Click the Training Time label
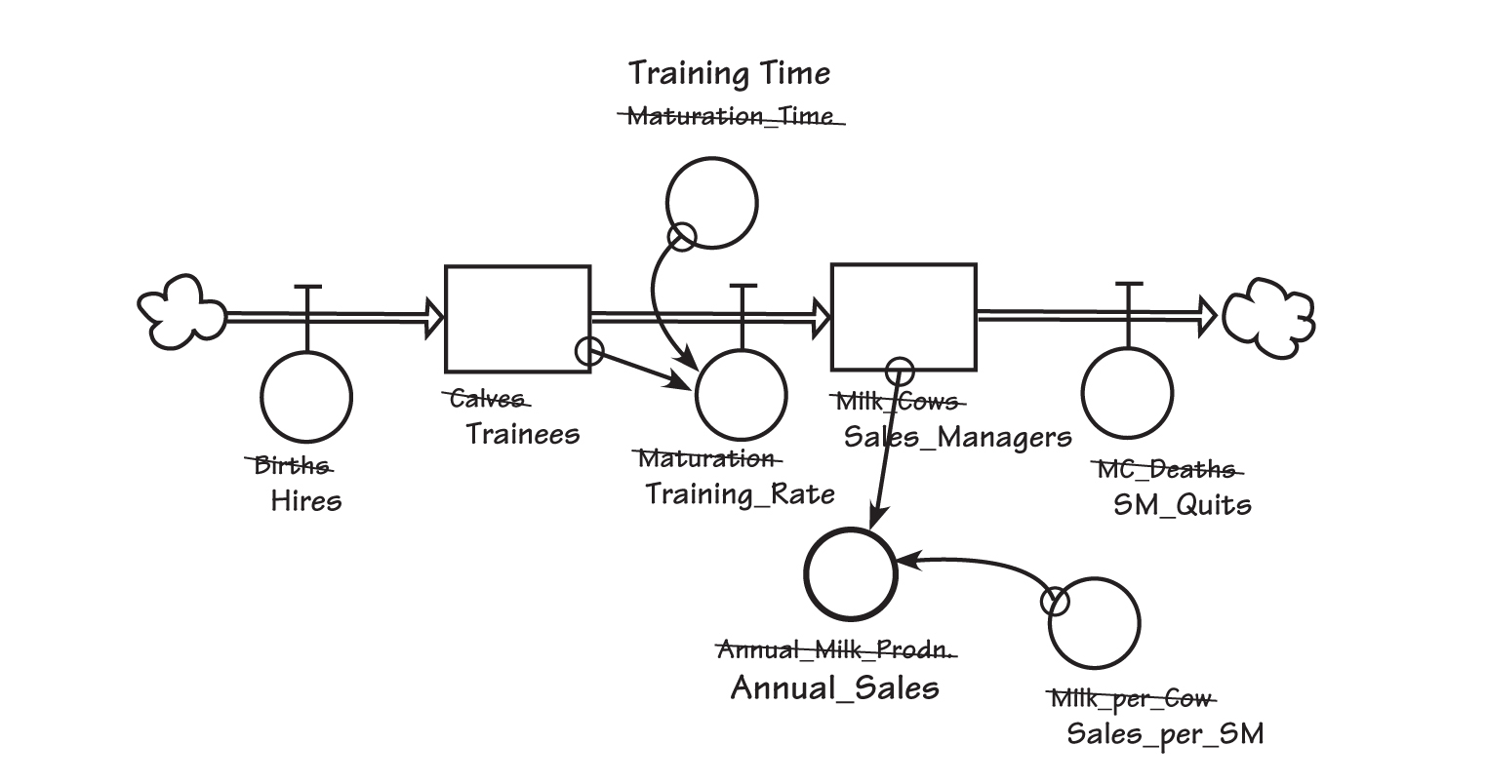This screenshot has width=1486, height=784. tap(729, 73)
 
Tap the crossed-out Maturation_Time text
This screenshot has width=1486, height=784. tap(730, 117)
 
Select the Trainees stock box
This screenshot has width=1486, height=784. tap(517, 318)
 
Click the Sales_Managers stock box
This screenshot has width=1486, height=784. tap(903, 317)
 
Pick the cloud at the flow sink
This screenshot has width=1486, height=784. tap(1268, 315)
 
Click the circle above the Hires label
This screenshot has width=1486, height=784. tap(306, 397)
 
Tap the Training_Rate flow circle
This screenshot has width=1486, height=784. tap(741, 396)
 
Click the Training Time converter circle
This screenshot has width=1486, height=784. tap(711, 203)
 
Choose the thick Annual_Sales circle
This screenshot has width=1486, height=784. tap(850, 574)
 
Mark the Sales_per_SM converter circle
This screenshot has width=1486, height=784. tap(1094, 623)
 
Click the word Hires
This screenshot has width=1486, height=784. tap(306, 501)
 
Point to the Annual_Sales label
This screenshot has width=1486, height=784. tap(834, 687)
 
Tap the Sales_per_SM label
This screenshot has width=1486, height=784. tap(1164, 733)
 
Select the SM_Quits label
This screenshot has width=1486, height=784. tap(1182, 505)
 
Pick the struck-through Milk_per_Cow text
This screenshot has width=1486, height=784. tap(1131, 698)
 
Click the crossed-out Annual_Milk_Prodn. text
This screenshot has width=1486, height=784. tap(836, 650)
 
